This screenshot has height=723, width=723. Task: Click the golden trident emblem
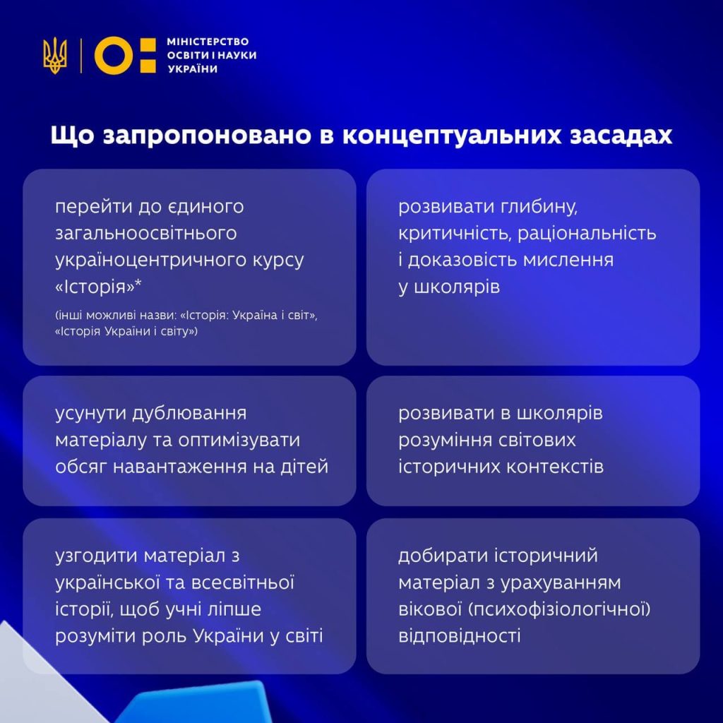click(55, 55)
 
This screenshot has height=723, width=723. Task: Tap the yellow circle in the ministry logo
click(114, 55)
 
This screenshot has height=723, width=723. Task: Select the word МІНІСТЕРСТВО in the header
click(208, 42)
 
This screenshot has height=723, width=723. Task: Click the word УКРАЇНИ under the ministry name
click(192, 68)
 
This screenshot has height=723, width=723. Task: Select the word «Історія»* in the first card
click(98, 287)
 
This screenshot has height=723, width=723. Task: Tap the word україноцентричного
click(150, 261)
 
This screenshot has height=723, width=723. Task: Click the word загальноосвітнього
click(145, 233)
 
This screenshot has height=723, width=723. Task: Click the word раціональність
click(587, 233)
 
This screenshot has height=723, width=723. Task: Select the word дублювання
click(189, 414)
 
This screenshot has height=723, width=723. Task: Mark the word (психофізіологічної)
click(560, 609)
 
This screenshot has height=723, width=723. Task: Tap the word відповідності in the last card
click(459, 636)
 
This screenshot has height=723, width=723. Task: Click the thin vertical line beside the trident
click(81, 55)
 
